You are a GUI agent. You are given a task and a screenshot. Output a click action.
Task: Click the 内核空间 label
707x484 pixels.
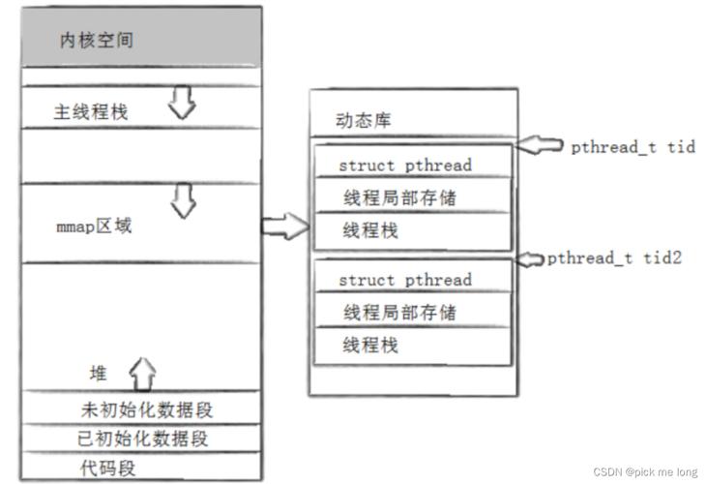pos(97,40)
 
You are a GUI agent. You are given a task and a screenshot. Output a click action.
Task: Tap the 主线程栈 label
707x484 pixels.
pos(91,111)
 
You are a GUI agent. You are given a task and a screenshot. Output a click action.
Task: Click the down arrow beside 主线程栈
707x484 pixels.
pos(182,103)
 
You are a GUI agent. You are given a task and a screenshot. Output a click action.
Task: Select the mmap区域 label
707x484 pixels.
pos(94,226)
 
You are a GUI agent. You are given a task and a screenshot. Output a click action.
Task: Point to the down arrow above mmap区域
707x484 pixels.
pos(184,200)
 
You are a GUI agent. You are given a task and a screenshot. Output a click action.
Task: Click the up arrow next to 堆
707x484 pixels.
pos(143,374)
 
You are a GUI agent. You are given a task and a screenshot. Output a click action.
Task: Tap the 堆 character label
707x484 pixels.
pos(99,374)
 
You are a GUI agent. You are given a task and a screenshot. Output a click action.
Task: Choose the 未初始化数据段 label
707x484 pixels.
pos(147,409)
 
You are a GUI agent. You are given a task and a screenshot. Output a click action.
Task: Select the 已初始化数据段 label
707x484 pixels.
pos(142,439)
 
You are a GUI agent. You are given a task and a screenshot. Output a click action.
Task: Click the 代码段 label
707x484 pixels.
pos(107,469)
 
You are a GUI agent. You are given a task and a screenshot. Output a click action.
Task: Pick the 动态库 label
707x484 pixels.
pos(363,120)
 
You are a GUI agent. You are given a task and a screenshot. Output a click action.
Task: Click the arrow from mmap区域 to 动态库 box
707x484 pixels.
pos(285,226)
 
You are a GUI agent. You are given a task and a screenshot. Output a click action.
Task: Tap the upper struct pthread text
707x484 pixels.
pos(405,166)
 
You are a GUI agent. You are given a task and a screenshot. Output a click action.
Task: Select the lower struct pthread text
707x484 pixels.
pos(405,280)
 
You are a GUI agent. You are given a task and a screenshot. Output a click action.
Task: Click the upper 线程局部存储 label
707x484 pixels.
pos(399,197)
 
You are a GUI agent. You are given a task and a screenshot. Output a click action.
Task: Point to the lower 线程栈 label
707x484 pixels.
pos(370,345)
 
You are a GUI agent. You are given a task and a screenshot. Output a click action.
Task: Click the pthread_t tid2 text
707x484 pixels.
pos(614,258)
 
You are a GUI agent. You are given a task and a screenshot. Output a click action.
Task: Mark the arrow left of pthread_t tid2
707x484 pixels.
pos(530,258)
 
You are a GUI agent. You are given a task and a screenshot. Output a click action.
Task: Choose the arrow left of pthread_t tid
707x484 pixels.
pos(540,145)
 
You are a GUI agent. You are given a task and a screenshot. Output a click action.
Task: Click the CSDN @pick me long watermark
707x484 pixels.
pos(645,471)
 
